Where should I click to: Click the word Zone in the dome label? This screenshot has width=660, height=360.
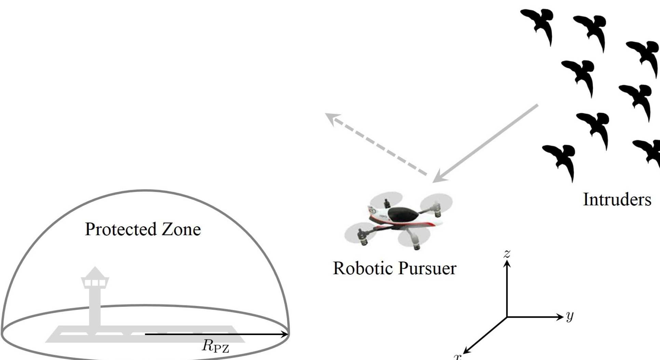[181, 229]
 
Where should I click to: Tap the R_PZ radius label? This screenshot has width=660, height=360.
[216, 346]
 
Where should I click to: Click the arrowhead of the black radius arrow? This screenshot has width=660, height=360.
[285, 334]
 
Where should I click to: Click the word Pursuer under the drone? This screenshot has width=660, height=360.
[427, 268]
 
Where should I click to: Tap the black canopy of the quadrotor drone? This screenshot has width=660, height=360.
[403, 214]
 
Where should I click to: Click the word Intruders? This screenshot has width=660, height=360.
[617, 199]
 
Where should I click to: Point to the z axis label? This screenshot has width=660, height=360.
[507, 253]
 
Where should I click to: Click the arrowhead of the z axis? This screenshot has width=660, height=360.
[507, 263]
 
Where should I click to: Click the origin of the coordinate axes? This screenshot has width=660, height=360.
[507, 317]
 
